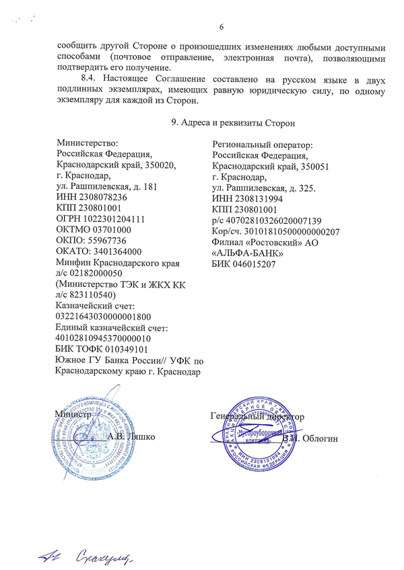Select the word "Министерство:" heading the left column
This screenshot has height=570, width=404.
88,143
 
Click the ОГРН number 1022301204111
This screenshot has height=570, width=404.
114,219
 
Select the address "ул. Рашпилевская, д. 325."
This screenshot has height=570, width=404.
264,188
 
